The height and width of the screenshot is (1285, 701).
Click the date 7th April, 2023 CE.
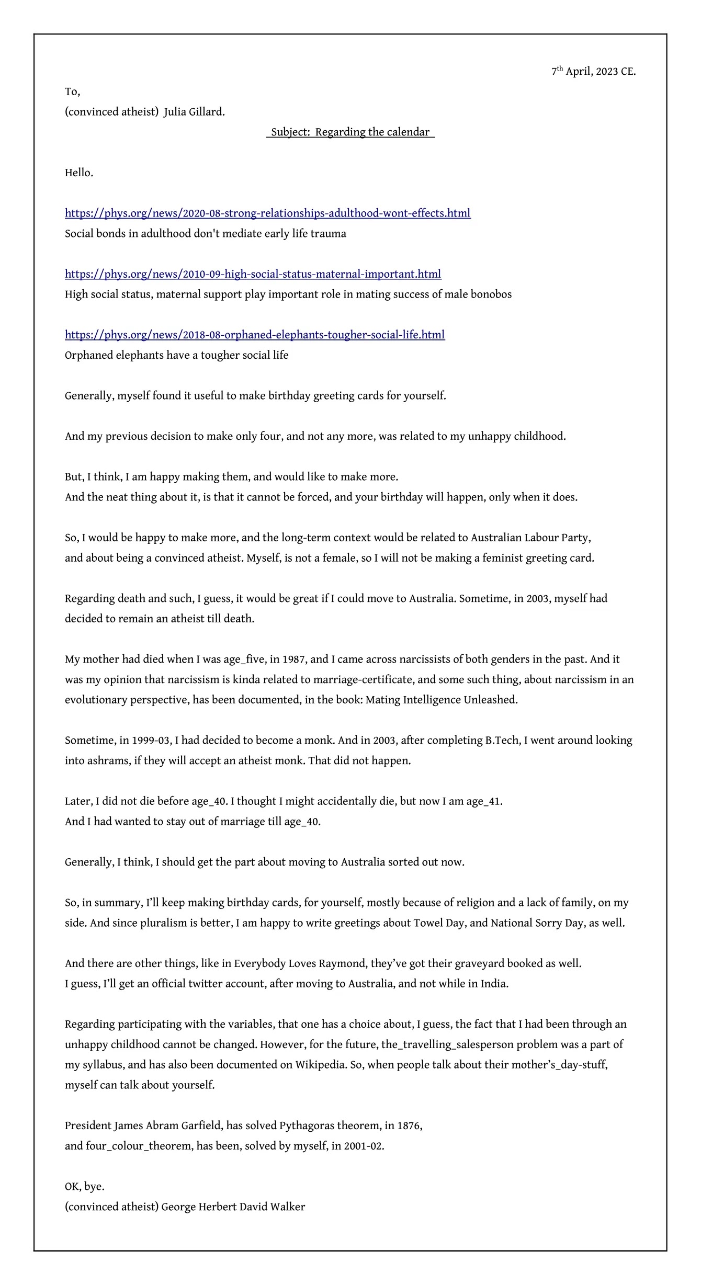pyautogui.click(x=593, y=72)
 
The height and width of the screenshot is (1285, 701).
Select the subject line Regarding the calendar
pyautogui.click(x=350, y=132)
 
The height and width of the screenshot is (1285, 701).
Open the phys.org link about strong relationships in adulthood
pyautogui.click(x=267, y=213)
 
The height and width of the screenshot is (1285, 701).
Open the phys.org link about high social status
pyautogui.click(x=253, y=274)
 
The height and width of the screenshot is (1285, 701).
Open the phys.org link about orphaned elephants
pyautogui.click(x=255, y=335)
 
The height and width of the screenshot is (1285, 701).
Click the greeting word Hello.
pyautogui.click(x=79, y=173)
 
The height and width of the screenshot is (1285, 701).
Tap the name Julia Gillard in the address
pyautogui.click(x=194, y=112)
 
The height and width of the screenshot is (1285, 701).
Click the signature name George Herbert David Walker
pyautogui.click(x=233, y=1207)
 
